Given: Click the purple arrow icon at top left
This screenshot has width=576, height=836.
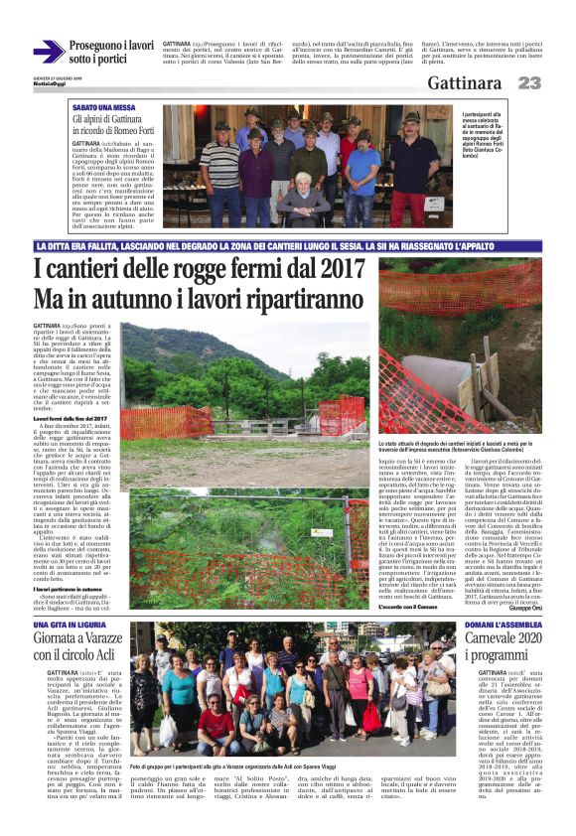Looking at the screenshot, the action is (x=48, y=52).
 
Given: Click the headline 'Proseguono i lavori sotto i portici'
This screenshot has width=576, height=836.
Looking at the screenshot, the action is (x=111, y=53).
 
